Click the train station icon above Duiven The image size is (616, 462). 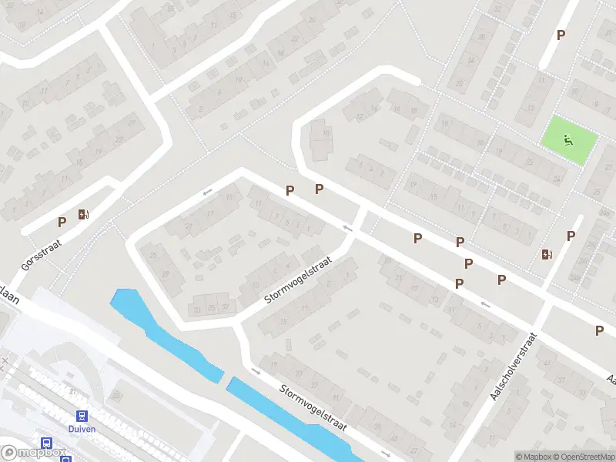82,416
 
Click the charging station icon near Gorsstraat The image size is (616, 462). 83,215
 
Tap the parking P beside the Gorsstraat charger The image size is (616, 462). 62,222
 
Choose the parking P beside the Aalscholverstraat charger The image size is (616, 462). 571,236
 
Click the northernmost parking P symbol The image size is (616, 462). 561,35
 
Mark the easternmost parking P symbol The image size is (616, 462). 599,330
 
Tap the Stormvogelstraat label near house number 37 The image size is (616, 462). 298,280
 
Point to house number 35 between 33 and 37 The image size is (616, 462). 212,309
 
